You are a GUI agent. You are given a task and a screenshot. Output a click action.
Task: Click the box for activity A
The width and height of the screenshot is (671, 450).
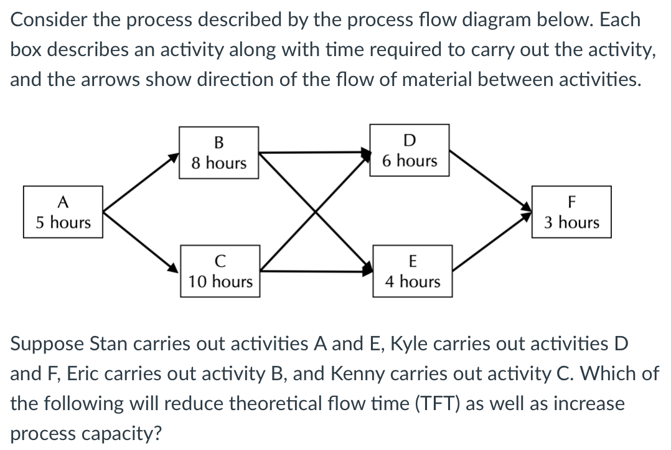(62, 212)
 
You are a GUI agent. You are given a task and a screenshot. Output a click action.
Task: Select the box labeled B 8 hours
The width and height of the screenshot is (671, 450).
(218, 152)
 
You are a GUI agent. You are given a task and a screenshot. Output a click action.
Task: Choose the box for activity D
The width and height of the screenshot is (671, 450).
(410, 150)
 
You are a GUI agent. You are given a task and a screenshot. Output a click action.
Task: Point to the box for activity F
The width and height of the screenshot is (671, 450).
(571, 212)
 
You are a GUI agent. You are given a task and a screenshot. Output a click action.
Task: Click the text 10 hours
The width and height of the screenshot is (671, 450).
(220, 281)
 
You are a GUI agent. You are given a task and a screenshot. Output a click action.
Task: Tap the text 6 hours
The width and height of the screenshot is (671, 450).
(410, 161)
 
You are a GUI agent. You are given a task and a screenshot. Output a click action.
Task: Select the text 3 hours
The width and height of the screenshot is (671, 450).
(571, 223)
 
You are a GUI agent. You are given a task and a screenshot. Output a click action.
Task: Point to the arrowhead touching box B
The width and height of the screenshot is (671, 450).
(174, 159)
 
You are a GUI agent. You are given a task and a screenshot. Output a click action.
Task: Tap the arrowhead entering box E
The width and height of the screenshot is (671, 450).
(367, 269)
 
